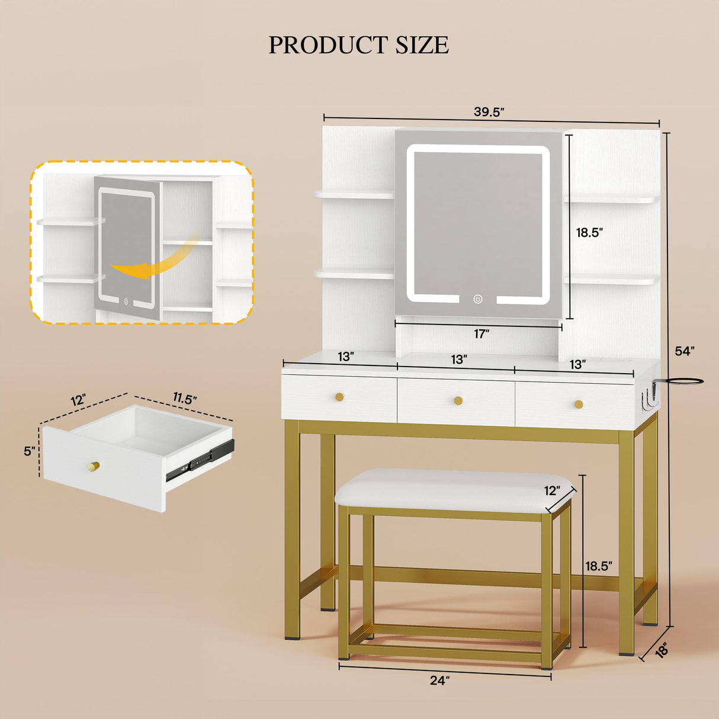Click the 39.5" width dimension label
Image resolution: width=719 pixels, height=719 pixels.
(x=489, y=112)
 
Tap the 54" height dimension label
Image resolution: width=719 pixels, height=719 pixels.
(x=685, y=351)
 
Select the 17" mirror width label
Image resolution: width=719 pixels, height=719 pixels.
(x=482, y=334)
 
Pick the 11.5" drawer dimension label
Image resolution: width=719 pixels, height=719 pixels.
(x=184, y=399)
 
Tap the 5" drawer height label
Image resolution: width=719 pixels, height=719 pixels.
(x=30, y=451)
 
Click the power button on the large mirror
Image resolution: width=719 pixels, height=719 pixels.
(x=477, y=299)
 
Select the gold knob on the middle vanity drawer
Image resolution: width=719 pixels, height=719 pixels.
(x=458, y=401)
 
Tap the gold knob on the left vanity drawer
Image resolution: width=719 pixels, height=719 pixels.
(x=339, y=397)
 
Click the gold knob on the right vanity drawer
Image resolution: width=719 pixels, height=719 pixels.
(x=579, y=404)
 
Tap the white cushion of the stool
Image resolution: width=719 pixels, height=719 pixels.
(x=454, y=490)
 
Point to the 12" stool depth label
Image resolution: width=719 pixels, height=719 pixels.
(x=552, y=490)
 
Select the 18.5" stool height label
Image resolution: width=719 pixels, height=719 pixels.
(x=599, y=576)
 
